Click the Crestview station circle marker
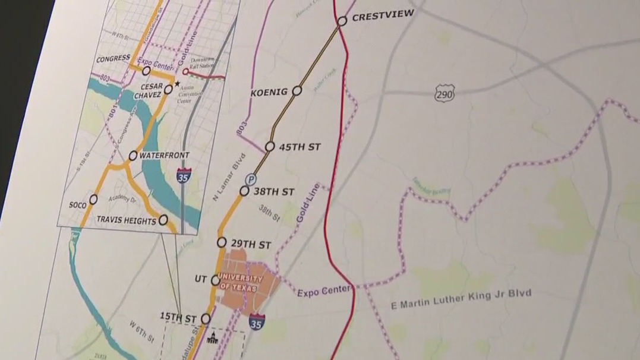click(x=342, y=21)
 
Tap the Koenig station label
click(x=269, y=92)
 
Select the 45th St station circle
click(x=270, y=146)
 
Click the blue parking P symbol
click(x=252, y=178)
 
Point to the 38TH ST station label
click(x=274, y=192)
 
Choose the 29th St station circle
click(x=222, y=242)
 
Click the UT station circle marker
click(x=216, y=280)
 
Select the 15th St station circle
click(x=206, y=319)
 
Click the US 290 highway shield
click(x=444, y=93)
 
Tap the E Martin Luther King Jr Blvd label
click(x=461, y=300)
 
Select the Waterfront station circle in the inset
click(x=133, y=156)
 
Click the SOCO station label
click(x=77, y=205)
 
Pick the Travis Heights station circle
click(x=163, y=220)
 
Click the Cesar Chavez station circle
click(x=168, y=90)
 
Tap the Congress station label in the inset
click(x=113, y=58)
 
